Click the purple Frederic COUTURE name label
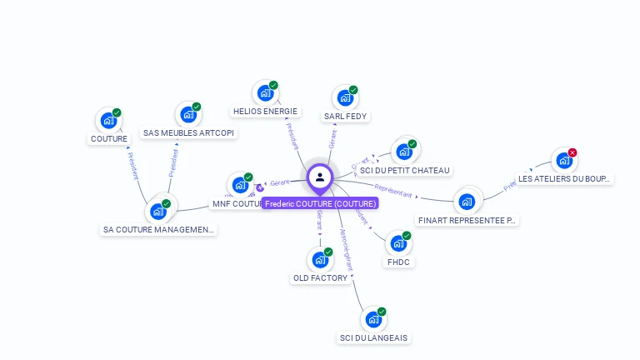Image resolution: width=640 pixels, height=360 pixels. (320, 203)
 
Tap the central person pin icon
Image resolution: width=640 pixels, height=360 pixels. (320, 177)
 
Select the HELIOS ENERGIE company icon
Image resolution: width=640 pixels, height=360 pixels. (265, 92)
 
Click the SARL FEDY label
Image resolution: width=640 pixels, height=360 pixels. (346, 117)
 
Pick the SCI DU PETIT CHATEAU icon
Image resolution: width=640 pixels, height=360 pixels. (403, 152)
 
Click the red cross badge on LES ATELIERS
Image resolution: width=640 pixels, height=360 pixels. (572, 152)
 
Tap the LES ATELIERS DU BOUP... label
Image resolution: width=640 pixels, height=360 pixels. (564, 178)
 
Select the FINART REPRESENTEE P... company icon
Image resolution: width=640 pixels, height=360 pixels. (467, 201)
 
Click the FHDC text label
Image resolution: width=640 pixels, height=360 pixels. (399, 262)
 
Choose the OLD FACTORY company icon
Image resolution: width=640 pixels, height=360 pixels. (320, 260)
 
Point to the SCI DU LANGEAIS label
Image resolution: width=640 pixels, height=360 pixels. (374, 337)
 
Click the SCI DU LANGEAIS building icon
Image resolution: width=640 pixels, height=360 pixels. (373, 319)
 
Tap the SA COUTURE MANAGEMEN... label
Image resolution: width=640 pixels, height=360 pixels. (158, 229)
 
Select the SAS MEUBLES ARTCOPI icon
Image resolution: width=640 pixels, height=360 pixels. (188, 115)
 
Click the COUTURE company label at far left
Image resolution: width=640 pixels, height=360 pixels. (109, 139)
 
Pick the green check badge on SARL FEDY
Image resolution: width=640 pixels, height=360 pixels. (353, 90)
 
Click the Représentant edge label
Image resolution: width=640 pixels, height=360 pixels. (395, 192)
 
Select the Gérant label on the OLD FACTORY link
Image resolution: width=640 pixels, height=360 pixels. (320, 220)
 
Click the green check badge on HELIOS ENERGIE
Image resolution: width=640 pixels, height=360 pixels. (273, 85)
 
